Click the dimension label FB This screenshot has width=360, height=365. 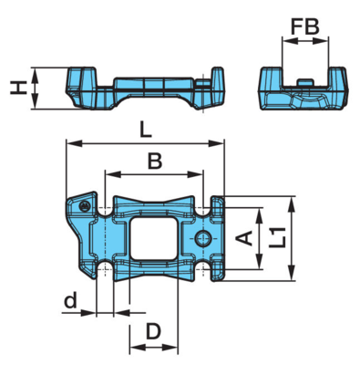(305, 26)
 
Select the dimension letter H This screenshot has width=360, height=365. (18, 89)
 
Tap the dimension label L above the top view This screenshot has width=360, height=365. (145, 130)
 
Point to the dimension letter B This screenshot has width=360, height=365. (155, 161)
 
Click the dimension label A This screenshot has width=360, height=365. (245, 238)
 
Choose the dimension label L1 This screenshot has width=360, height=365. (278, 237)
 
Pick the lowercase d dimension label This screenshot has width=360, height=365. (70, 300)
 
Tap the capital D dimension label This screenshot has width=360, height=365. (153, 331)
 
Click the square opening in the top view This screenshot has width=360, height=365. (153, 238)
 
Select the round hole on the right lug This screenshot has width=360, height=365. (202, 238)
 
